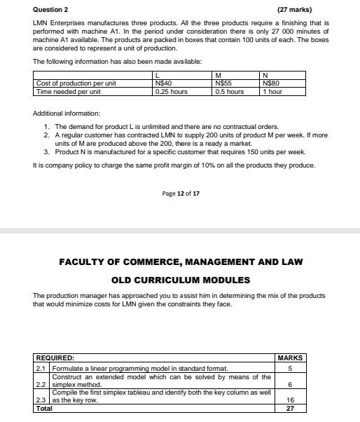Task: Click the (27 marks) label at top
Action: [x=294, y=10]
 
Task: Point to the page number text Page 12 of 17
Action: [x=180, y=193]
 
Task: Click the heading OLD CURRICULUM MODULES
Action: [x=180, y=280]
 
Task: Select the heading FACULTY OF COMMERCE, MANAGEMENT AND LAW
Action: [x=180, y=262]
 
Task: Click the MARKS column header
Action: [x=290, y=358]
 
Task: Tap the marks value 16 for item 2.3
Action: [x=290, y=400]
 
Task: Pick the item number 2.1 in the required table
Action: [x=41, y=368]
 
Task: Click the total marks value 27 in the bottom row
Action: [x=290, y=408]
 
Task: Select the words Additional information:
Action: [x=67, y=113]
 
